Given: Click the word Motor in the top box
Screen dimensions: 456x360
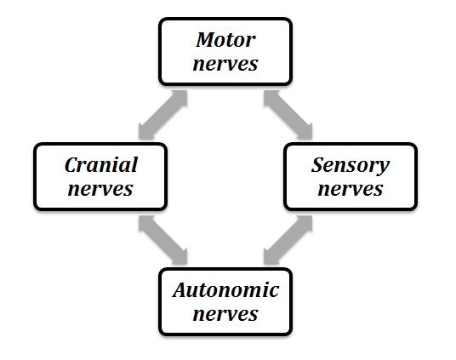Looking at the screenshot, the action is [225, 40].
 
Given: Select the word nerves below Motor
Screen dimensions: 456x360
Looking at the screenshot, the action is [225, 64].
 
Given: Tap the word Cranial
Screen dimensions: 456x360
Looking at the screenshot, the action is [101, 165].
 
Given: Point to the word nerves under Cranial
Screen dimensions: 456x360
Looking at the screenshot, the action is [100, 189].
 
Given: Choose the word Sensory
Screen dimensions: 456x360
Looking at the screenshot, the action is [351, 166].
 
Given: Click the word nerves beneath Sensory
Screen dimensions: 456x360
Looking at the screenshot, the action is [351, 189].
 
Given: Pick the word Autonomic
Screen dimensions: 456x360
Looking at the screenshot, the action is [225, 290].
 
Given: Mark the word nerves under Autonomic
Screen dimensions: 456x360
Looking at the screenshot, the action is [225, 314].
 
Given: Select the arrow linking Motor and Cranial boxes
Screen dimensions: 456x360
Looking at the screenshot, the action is [162, 115].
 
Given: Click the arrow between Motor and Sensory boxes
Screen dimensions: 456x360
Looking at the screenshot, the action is [288, 115].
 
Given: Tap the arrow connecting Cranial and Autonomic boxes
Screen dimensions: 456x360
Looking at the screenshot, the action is [162, 240].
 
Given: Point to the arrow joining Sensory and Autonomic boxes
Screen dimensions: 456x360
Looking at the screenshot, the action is [288, 240].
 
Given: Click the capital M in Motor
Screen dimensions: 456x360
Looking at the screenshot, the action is [206, 40].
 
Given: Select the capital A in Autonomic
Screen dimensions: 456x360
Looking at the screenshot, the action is [181, 290].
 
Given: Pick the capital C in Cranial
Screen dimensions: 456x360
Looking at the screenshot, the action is [72, 165].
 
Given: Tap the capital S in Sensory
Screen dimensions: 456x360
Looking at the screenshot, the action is [319, 165].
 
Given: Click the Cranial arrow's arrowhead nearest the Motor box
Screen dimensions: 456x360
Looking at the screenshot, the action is [180, 98].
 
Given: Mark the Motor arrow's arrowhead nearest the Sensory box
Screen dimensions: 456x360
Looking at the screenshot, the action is [305, 132].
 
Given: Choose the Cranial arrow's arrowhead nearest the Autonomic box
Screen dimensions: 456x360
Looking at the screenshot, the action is [180, 257].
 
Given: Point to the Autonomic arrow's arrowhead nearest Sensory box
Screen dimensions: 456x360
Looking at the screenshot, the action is [305, 223].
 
